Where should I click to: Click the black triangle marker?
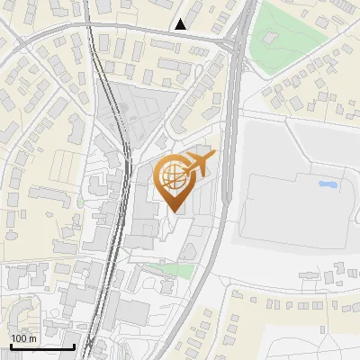tap(182, 24)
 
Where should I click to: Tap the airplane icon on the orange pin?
tap(197, 166)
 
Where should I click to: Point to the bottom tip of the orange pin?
tap(173, 212)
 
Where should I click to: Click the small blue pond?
tap(327, 184)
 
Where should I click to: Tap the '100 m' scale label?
tap(23, 338)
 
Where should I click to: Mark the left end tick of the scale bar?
tap(11, 344)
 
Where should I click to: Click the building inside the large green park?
tap(268, 39)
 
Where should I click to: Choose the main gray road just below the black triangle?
tap(180, 37)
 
